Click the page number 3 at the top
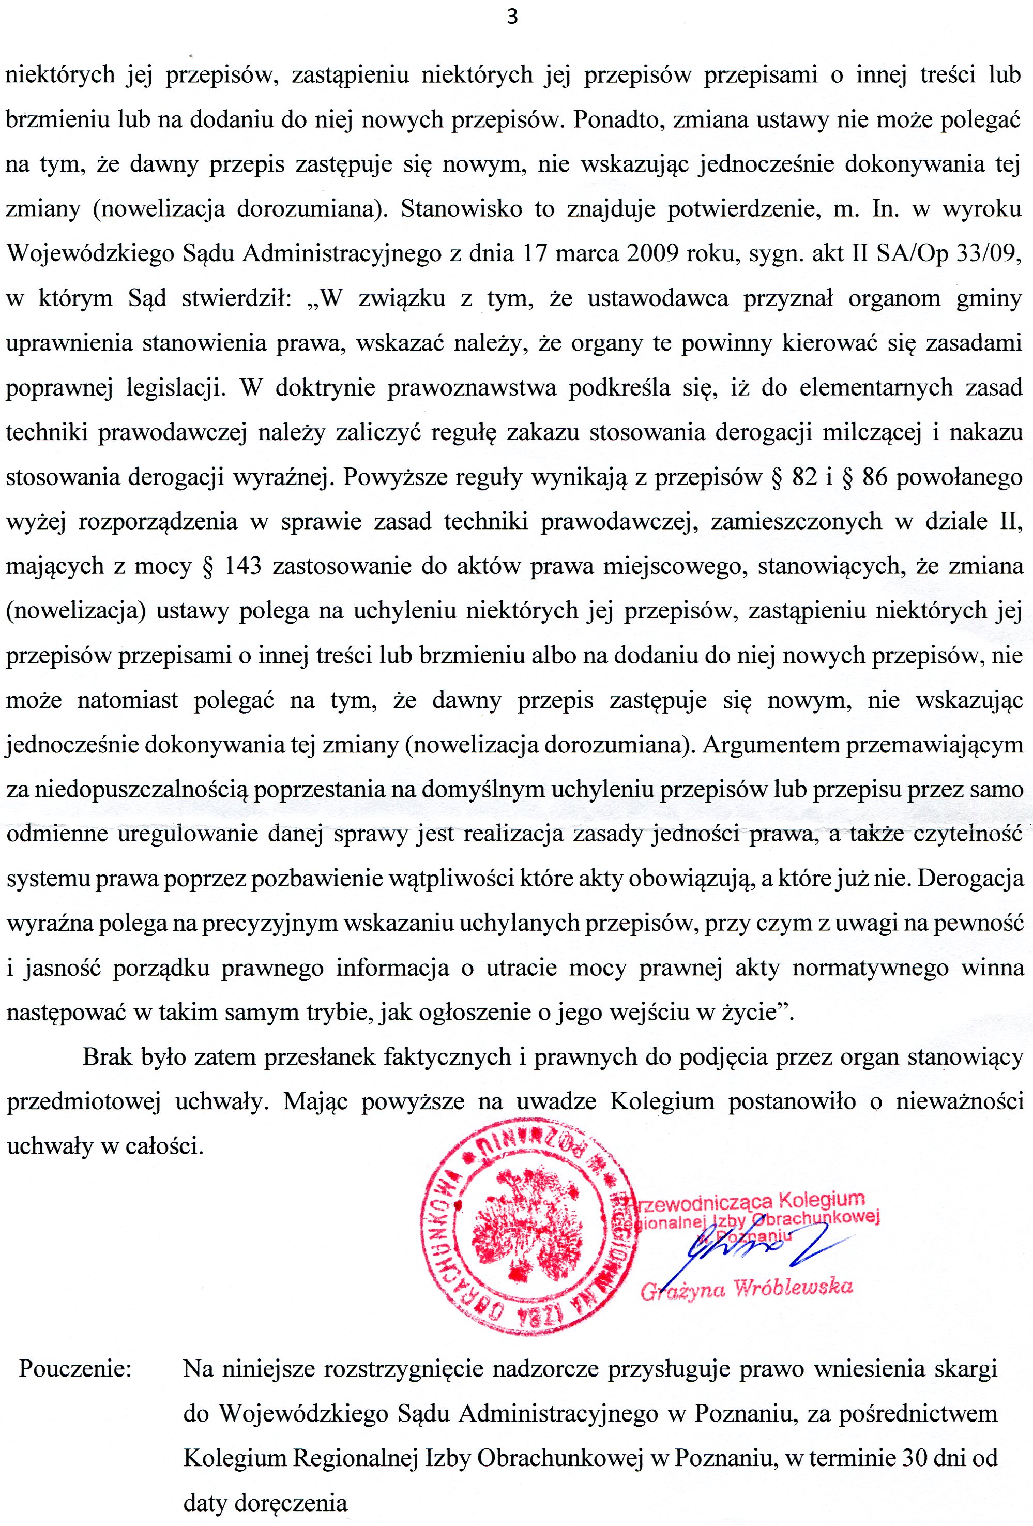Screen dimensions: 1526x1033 (x=512, y=17)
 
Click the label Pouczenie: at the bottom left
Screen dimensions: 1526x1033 (x=75, y=1369)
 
